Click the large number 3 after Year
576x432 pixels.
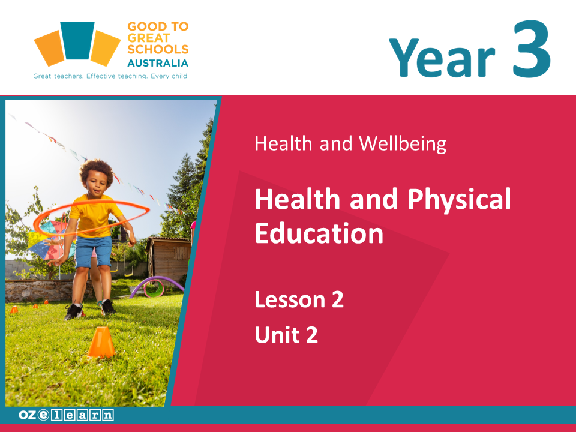coord(532,49)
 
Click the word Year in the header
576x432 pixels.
coord(442,58)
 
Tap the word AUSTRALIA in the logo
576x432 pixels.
coord(158,63)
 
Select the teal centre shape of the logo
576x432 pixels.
coord(77,40)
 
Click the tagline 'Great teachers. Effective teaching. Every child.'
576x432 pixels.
coord(111,76)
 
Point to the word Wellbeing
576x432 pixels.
coord(403,143)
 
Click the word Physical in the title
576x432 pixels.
coord(459,200)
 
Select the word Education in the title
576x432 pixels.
coord(319,233)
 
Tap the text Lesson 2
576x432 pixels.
coord(299,299)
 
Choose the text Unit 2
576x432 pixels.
coord(286,334)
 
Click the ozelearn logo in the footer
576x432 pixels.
coord(66,415)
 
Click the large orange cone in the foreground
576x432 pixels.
coord(101,343)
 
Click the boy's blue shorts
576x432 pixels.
coord(94,251)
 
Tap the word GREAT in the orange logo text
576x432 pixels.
coord(149,38)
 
